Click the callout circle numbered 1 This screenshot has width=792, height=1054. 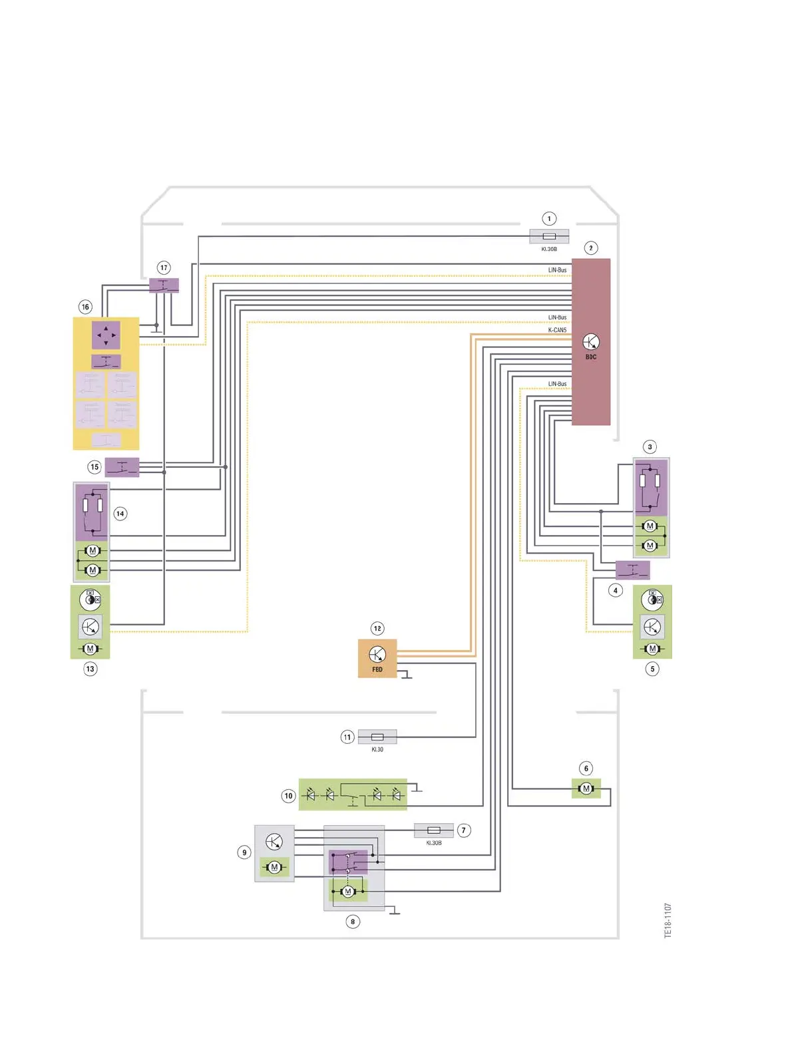[549, 218]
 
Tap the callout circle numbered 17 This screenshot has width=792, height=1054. [164, 267]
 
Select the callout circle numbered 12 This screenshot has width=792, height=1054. [377, 628]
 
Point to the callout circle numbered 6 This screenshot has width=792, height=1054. [586, 769]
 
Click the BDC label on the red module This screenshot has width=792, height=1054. [591, 357]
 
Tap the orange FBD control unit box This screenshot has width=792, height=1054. [377, 658]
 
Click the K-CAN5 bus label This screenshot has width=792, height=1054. [557, 330]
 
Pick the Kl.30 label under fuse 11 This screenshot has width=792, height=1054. [377, 749]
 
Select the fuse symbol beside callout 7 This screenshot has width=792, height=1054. [434, 830]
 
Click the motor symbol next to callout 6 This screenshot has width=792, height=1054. [586, 789]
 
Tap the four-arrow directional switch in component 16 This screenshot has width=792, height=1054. [106, 335]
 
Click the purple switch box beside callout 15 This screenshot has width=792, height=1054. [122, 467]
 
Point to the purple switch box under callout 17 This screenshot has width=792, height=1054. [164, 285]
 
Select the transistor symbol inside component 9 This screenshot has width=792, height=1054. [274, 842]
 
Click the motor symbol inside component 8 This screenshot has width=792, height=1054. [347, 891]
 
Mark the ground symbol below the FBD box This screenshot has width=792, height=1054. [407, 676]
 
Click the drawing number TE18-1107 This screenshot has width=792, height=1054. [668, 920]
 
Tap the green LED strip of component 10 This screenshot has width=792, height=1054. [353, 794]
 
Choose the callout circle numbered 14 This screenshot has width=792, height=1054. [120, 514]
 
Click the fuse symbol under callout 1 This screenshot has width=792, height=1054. [549, 236]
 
